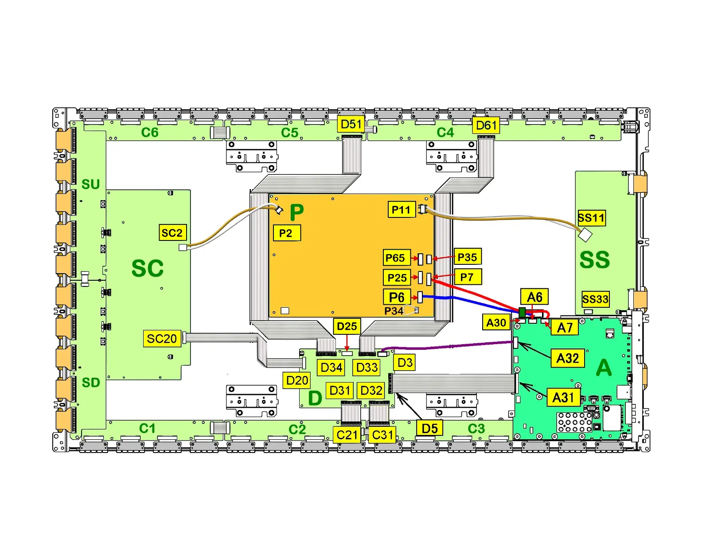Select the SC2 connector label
pyautogui.click(x=172, y=232)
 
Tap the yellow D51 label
pyautogui.click(x=351, y=124)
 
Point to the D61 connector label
pyautogui.click(x=486, y=125)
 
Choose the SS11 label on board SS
pyautogui.click(x=591, y=218)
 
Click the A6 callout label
pyautogui.click(x=534, y=297)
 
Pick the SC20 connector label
pyautogui.click(x=162, y=339)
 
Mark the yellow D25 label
pyautogui.click(x=347, y=326)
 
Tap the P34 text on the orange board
pyautogui.click(x=394, y=311)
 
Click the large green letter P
pyautogui.click(x=296, y=213)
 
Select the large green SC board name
pyautogui.click(x=148, y=268)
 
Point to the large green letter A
pyautogui.click(x=604, y=368)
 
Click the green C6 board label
pyautogui.click(x=150, y=132)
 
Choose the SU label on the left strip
pyautogui.click(x=91, y=184)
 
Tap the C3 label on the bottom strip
pyautogui.click(x=476, y=429)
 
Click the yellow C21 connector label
pyautogui.click(x=347, y=435)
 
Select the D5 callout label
pyautogui.click(x=429, y=428)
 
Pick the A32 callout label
pyautogui.click(x=567, y=358)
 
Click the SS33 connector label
pyautogui.click(x=595, y=299)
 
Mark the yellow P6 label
pyautogui.click(x=397, y=297)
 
